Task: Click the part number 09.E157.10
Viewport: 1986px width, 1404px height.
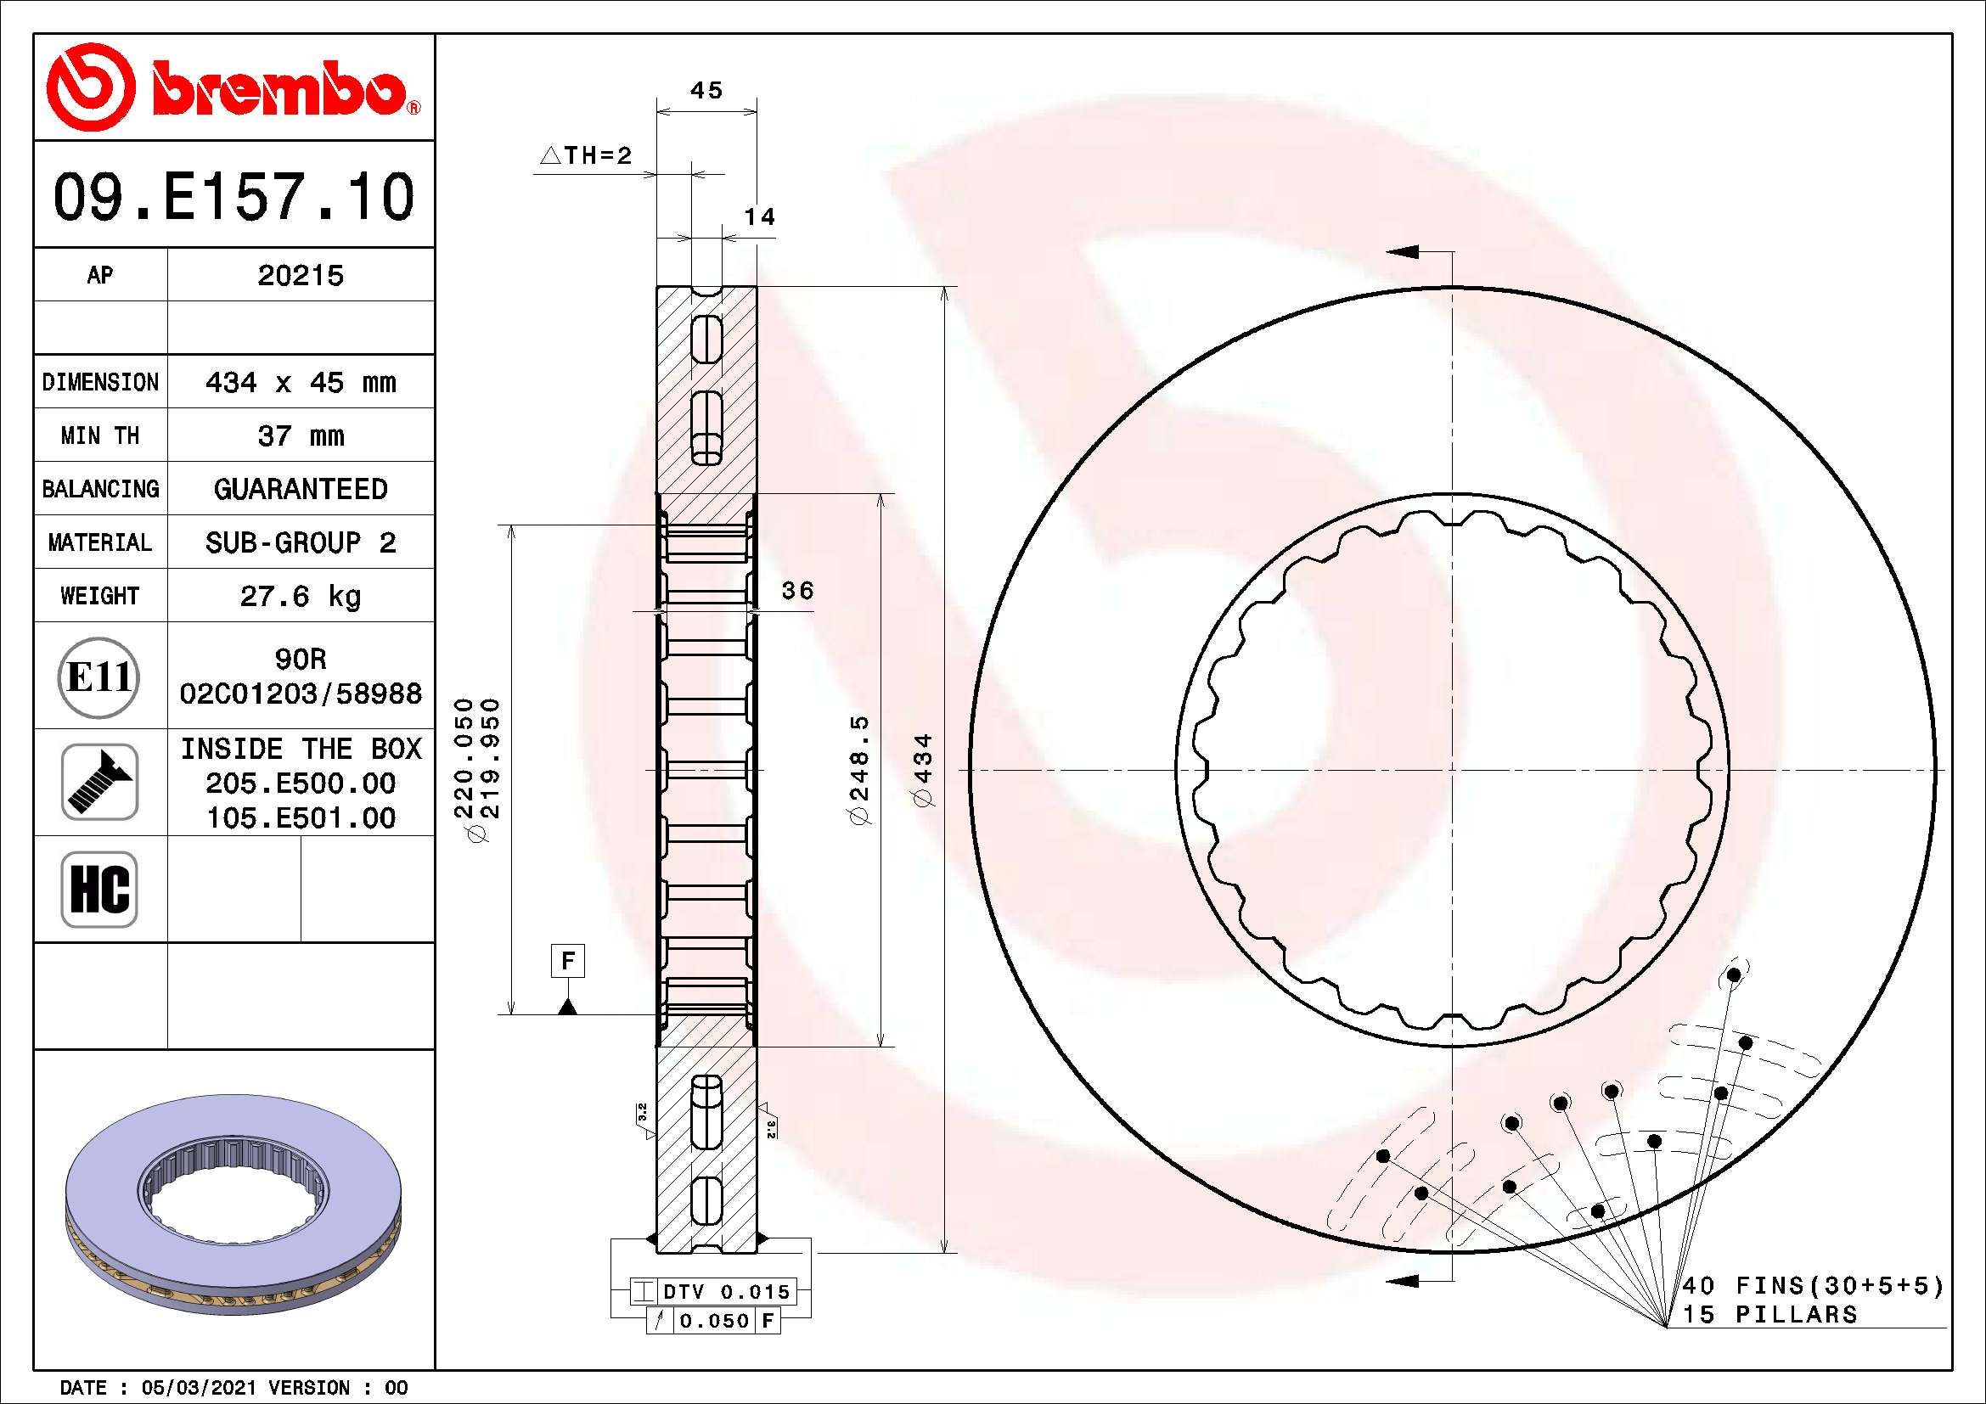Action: pyautogui.click(x=233, y=197)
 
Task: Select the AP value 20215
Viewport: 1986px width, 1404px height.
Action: pyautogui.click(x=300, y=276)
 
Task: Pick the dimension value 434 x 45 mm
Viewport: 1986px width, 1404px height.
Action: pyautogui.click(x=300, y=382)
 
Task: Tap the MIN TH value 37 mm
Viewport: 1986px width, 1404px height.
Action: pyautogui.click(x=300, y=435)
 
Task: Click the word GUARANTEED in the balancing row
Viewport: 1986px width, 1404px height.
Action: pyautogui.click(x=300, y=489)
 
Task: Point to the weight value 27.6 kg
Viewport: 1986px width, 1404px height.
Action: pyautogui.click(x=300, y=596)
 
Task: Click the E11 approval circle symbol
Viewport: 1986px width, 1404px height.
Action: pyautogui.click(x=98, y=677)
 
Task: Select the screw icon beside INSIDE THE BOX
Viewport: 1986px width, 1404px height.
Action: pyautogui.click(x=99, y=782)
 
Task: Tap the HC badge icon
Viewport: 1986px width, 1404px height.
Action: pyautogui.click(x=99, y=889)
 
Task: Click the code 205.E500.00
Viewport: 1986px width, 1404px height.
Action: pyautogui.click(x=300, y=783)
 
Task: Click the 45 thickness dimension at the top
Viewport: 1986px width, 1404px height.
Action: pyautogui.click(x=706, y=90)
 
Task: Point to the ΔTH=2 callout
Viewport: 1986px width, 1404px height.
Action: pyautogui.click(x=587, y=155)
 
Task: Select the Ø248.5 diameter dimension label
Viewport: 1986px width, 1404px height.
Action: pyautogui.click(x=861, y=769)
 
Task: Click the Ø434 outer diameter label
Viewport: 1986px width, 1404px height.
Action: pyautogui.click(x=924, y=769)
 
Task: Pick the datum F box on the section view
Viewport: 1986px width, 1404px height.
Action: pyautogui.click(x=567, y=961)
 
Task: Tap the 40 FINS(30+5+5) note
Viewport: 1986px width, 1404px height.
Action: pyautogui.click(x=1811, y=1285)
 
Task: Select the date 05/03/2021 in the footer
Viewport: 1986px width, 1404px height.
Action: pyautogui.click(x=198, y=1388)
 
